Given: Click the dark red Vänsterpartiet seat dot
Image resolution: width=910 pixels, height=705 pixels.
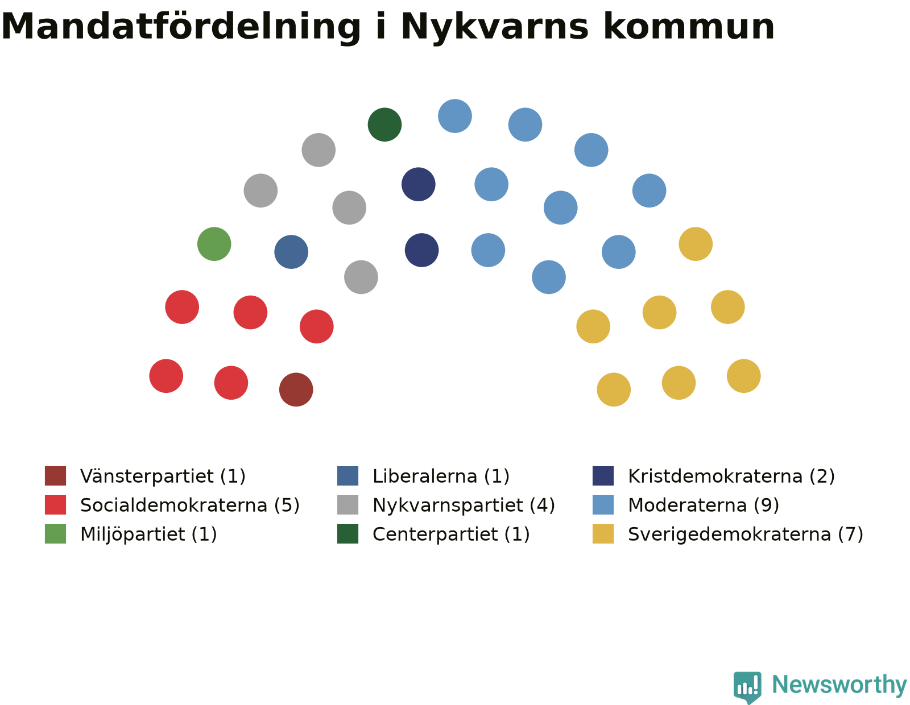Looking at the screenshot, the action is [296, 389].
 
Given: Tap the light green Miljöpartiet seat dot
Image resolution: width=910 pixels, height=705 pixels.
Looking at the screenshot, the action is [214, 244].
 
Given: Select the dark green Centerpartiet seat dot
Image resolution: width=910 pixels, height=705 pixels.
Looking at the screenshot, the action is [384, 125].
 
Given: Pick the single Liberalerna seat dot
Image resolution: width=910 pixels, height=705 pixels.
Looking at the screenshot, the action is [291, 252].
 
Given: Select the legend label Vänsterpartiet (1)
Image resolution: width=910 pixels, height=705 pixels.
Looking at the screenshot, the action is [163, 476].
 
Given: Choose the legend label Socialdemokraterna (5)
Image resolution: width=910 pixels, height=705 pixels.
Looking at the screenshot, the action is [190, 505].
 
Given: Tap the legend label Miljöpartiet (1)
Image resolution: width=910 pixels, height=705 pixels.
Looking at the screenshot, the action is [148, 534].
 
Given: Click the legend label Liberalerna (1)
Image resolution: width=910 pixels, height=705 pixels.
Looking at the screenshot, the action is [441, 476].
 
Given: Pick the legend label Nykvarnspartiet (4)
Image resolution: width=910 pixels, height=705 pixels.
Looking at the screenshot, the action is [464, 505].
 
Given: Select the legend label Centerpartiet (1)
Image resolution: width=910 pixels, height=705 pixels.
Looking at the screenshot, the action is [451, 534].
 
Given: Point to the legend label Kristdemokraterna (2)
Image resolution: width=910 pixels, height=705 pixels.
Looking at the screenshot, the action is [731, 476].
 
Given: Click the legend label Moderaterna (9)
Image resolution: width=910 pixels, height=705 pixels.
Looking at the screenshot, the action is [703, 505].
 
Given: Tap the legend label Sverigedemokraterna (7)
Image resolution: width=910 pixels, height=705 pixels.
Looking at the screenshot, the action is [746, 534].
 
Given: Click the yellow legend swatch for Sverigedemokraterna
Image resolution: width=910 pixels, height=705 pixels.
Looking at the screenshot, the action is [603, 534].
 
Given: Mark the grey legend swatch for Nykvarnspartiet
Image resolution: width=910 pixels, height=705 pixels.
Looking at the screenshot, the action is [348, 504].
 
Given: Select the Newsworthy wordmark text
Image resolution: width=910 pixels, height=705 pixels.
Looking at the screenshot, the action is [839, 685].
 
